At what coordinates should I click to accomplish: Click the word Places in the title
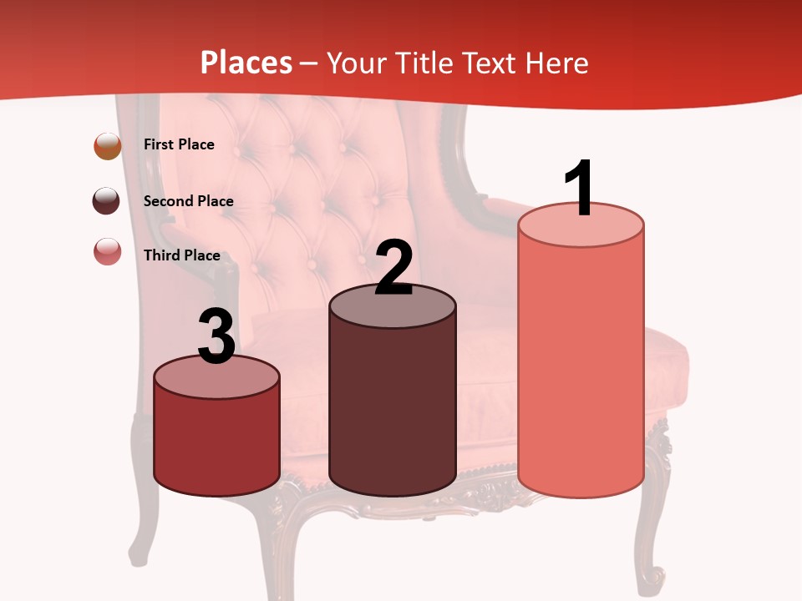[246, 63]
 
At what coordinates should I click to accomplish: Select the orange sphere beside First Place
[107, 145]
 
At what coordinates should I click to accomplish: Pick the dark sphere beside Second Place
[106, 200]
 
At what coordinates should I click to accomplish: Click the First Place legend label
[179, 144]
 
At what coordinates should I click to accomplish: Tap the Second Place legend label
[188, 201]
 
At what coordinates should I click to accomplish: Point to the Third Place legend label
[181, 255]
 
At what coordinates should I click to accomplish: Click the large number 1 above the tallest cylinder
[580, 189]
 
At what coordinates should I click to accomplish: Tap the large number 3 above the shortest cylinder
[216, 337]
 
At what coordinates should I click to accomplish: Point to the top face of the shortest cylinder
[216, 378]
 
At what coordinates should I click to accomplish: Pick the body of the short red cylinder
[216, 442]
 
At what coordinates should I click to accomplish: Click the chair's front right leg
[652, 534]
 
